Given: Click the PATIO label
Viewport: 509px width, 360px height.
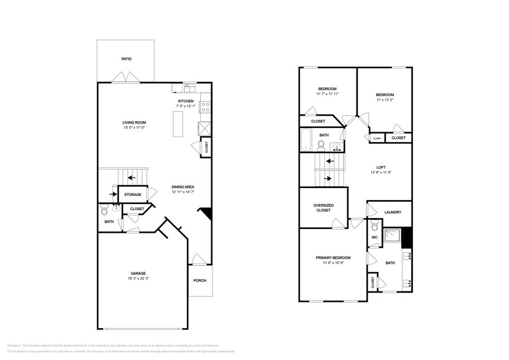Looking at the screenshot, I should pyautogui.click(x=126, y=59).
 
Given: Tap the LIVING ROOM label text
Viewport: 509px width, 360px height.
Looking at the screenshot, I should pyautogui.click(x=134, y=122).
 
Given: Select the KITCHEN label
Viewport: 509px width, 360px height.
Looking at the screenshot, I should pyautogui.click(x=186, y=101).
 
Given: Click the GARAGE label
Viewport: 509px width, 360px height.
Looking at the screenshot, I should pyautogui.click(x=138, y=273).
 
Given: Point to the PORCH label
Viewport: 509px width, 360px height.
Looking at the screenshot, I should pyautogui.click(x=200, y=281).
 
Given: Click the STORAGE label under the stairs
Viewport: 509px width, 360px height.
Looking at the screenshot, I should pyautogui.click(x=133, y=195).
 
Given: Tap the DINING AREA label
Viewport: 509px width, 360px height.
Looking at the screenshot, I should pyautogui.click(x=183, y=187).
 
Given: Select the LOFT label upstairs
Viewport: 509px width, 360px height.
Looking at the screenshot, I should pyautogui.click(x=380, y=167).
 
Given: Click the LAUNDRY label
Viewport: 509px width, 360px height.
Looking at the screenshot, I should pyautogui.click(x=393, y=212).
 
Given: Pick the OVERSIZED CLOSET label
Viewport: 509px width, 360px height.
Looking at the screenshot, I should pyautogui.click(x=323, y=208).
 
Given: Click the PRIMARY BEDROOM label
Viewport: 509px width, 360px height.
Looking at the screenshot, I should pyautogui.click(x=333, y=258).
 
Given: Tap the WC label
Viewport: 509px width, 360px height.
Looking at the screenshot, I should pyautogui.click(x=374, y=238).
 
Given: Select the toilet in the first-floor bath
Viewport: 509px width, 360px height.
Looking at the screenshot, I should pyautogui.click(x=104, y=210).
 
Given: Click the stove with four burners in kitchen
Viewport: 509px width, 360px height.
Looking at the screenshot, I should pyautogui.click(x=205, y=108).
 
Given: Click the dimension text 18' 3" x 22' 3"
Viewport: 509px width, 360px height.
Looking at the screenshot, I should pyautogui.click(x=138, y=279).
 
